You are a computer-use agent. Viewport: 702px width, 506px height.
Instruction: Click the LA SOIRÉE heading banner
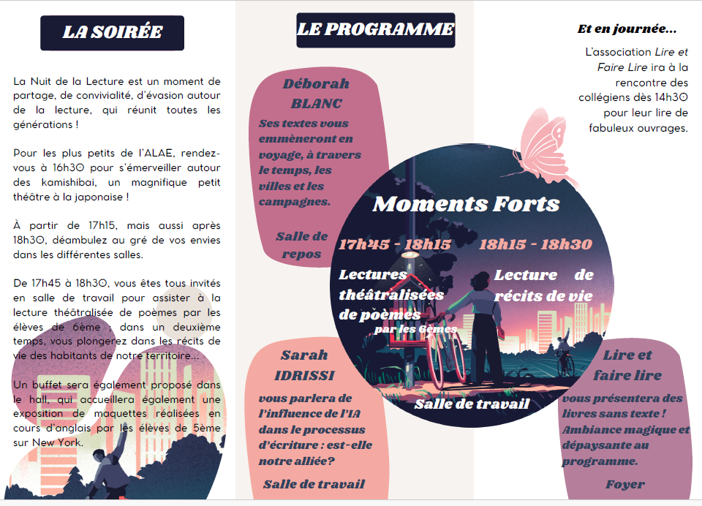tap(112, 33)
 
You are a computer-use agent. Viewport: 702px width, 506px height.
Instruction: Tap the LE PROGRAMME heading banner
tap(376, 30)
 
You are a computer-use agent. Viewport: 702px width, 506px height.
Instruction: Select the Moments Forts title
tap(466, 204)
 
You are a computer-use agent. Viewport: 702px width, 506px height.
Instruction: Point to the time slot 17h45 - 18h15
tap(394, 244)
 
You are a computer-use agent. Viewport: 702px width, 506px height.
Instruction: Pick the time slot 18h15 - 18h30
tap(535, 244)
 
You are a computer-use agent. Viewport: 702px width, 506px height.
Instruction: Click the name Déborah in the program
tap(316, 84)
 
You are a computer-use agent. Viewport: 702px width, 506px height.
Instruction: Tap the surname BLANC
tap(316, 103)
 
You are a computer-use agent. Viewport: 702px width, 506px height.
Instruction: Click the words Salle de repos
tap(301, 245)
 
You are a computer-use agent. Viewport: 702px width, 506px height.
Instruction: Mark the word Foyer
tap(624, 484)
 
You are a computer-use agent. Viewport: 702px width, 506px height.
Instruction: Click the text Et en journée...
tap(627, 30)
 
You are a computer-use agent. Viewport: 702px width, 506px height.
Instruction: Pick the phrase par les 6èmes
tap(415, 329)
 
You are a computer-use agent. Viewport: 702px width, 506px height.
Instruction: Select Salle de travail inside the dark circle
tap(472, 404)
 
